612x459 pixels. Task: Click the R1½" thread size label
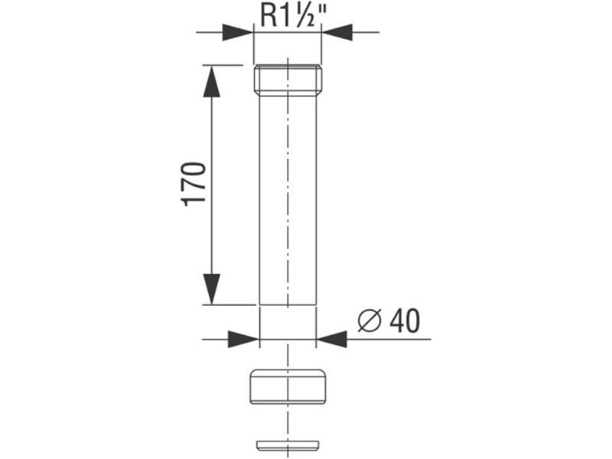[287, 15]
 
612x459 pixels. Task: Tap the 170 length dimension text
[194, 184]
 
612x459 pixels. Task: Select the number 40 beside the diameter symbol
[404, 321]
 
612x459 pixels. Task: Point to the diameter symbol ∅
[369, 322]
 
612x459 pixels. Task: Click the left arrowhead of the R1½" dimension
[237, 32]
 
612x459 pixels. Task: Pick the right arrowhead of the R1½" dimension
[337, 32]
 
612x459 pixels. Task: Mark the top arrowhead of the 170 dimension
[211, 81]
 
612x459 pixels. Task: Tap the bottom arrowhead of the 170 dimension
[211, 289]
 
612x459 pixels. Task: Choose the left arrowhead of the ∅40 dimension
[243, 339]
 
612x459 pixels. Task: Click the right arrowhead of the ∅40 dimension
[332, 339]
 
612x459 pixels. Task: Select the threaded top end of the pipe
[288, 80]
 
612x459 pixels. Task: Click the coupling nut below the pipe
[288, 386]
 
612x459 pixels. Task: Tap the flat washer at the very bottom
[288, 445]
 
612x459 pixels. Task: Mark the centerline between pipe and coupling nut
[288, 353]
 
